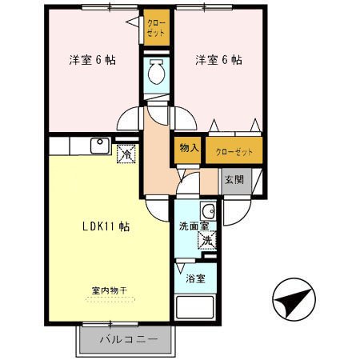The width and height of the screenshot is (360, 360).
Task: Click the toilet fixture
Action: [x=156, y=74]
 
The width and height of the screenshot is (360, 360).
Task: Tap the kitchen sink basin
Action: [x=101, y=146]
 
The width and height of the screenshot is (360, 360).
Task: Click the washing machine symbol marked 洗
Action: [x=206, y=240]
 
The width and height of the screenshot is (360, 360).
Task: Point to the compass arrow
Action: [x=293, y=302]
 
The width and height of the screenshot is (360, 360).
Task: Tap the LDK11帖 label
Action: [x=106, y=226]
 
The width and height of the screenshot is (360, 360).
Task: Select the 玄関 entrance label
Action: [x=234, y=178]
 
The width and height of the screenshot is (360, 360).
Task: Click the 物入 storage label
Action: [x=189, y=149]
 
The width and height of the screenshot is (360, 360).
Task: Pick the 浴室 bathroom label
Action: [x=196, y=279]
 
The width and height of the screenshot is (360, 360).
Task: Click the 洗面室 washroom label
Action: [x=193, y=226]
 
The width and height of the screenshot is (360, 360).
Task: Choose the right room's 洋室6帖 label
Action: [x=218, y=60]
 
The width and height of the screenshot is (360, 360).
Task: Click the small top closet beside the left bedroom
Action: [x=156, y=30]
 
